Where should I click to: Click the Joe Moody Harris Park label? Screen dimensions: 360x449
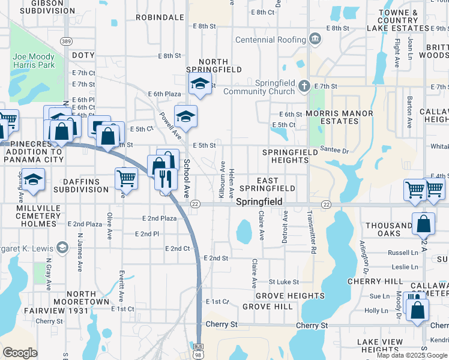(x=33, y=61)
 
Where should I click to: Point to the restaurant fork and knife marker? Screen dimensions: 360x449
(x=165, y=178)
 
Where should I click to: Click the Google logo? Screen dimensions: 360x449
(x=20, y=353)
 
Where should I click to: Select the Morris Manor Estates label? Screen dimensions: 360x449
(x=339, y=117)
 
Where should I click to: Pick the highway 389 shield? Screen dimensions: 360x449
(x=67, y=41)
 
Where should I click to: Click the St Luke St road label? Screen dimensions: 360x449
(x=283, y=281)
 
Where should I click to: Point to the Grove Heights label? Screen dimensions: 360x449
(x=290, y=296)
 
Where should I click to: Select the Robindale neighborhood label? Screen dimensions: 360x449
(x=160, y=17)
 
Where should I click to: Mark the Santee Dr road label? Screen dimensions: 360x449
(x=334, y=151)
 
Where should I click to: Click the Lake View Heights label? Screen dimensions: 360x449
(x=378, y=346)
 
